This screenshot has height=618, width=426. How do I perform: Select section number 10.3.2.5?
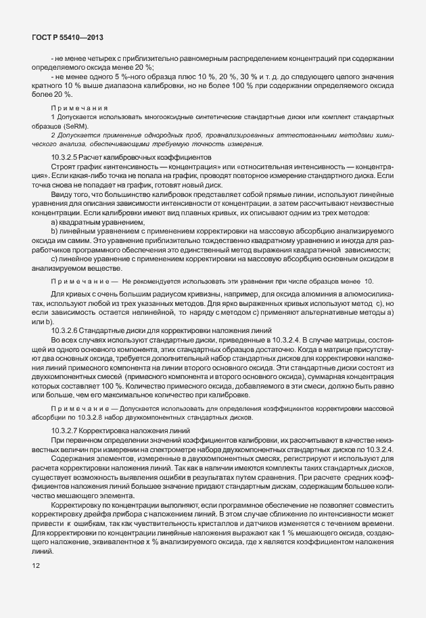[x=66, y=157]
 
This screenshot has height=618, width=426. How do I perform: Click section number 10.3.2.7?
[x=66, y=431]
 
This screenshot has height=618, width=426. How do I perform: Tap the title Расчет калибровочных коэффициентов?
[x=128, y=157]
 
